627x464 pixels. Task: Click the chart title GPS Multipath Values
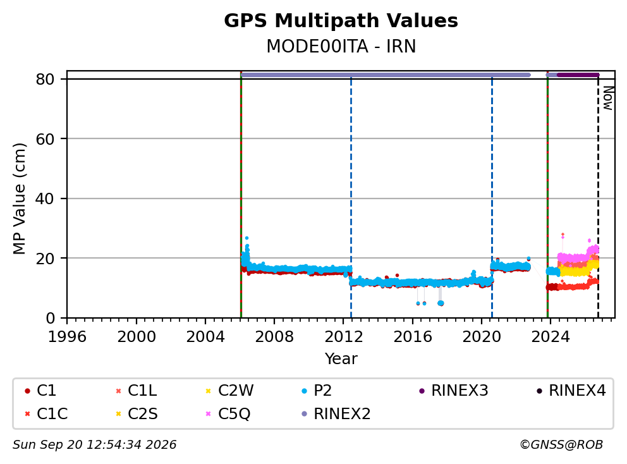pyautogui.click(x=341, y=21)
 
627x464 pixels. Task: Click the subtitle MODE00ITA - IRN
pyautogui.click(x=341, y=46)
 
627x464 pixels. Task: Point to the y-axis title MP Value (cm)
pyautogui.click(x=19, y=198)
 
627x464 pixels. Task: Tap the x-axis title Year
pyautogui.click(x=341, y=359)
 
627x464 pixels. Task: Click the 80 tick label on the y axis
pyautogui.click(x=45, y=79)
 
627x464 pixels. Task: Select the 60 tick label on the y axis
pyautogui.click(x=45, y=139)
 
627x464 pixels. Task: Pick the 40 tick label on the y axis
pyautogui.click(x=45, y=198)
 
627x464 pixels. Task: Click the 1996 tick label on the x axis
pyautogui.click(x=67, y=337)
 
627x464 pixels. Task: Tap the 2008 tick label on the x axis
pyautogui.click(x=274, y=337)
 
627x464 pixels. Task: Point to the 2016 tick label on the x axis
pyautogui.click(x=413, y=337)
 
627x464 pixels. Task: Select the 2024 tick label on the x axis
pyautogui.click(x=551, y=337)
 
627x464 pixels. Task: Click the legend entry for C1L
pyautogui.click(x=137, y=391)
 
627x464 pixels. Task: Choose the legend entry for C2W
pyautogui.click(x=229, y=391)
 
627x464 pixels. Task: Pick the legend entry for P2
pyautogui.click(x=317, y=391)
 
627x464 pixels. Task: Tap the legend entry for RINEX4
pyautogui.click(x=571, y=391)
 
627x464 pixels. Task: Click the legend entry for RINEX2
pyautogui.click(x=336, y=413)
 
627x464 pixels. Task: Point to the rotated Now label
pyautogui.click(x=608, y=98)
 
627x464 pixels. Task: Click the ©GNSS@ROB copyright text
pyautogui.click(x=561, y=445)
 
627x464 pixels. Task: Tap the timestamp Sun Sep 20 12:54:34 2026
pyautogui.click(x=95, y=445)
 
